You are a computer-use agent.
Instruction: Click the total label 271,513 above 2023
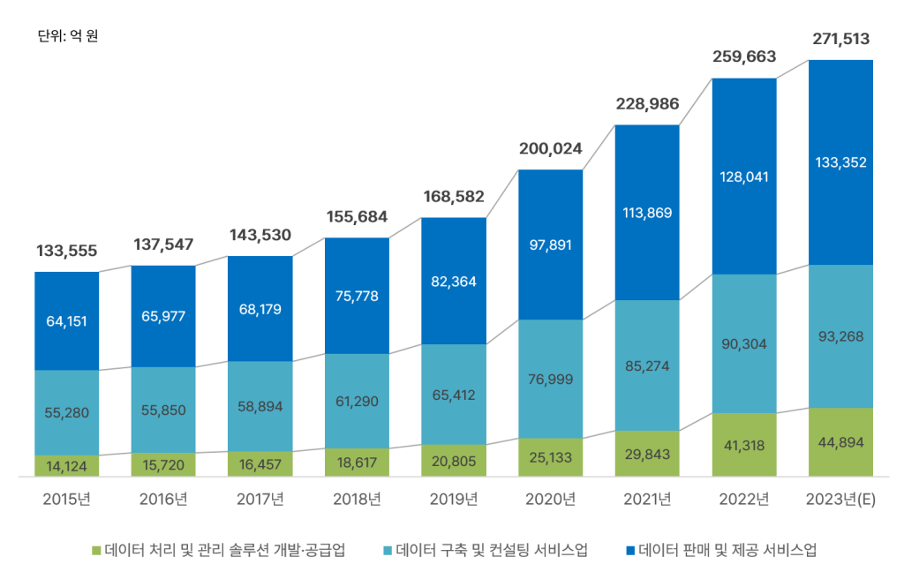[840, 39]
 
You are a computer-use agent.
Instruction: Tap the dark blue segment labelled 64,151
[67, 320]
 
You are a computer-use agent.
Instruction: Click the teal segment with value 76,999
[551, 379]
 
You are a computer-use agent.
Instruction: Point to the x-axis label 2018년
[356, 500]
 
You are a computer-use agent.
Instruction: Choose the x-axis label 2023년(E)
[840, 500]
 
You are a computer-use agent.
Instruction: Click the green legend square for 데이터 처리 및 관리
[97, 550]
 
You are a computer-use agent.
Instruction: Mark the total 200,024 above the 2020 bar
[551, 149]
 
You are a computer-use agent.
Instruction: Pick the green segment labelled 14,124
[67, 465]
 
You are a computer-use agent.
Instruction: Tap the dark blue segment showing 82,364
[453, 281]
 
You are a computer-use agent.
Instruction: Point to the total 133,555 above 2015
[67, 252]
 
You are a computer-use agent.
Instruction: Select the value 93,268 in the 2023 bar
[840, 336]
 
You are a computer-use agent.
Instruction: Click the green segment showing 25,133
[551, 457]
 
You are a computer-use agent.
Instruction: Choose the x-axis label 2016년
[163, 500]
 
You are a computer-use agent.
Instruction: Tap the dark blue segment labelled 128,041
[744, 177]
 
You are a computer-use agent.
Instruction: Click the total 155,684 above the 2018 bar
[356, 216]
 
